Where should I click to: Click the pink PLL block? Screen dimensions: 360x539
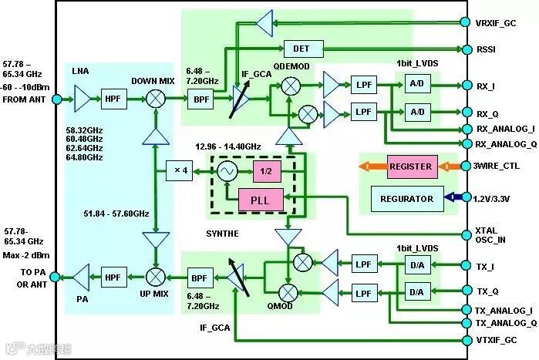click(x=261, y=199)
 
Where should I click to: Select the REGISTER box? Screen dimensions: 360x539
click(x=409, y=167)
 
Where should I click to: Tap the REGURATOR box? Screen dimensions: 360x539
click(x=406, y=198)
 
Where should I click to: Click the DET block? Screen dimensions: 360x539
click(x=301, y=49)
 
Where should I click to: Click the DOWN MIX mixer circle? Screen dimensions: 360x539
click(x=156, y=99)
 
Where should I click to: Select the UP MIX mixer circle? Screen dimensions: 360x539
click(x=156, y=275)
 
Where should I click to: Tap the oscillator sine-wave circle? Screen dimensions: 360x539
click(x=227, y=170)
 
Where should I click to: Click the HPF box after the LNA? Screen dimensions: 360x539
click(x=114, y=99)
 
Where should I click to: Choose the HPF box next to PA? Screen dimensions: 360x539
click(x=114, y=275)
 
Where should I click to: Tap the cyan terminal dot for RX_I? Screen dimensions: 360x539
click(x=465, y=86)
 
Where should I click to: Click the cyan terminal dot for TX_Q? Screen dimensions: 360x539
click(x=465, y=291)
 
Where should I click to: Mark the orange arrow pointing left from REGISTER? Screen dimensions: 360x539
click(x=372, y=167)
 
